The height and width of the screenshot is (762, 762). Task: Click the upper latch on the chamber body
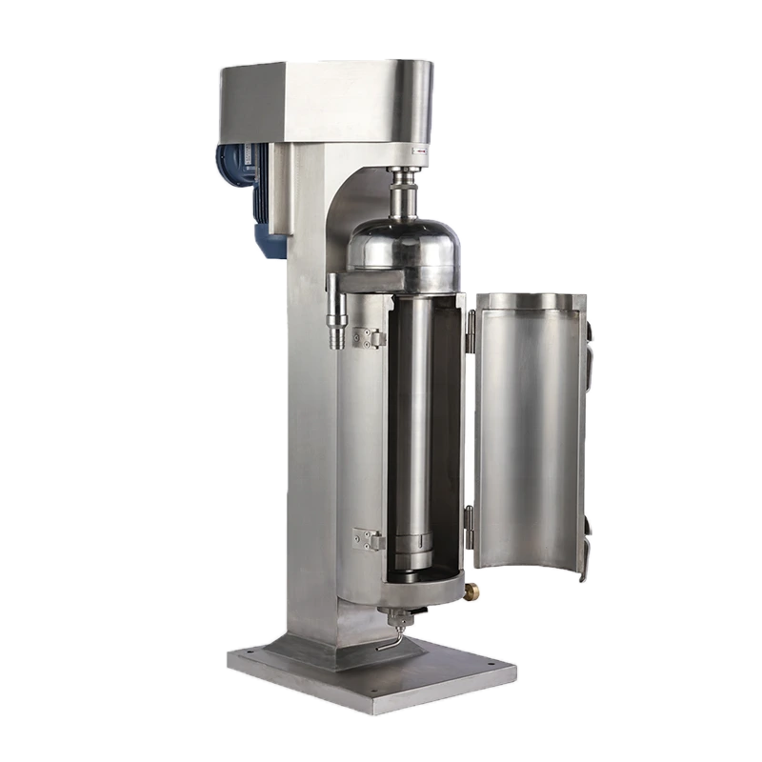tap(364, 336)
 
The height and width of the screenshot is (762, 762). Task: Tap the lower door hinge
tap(469, 520)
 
